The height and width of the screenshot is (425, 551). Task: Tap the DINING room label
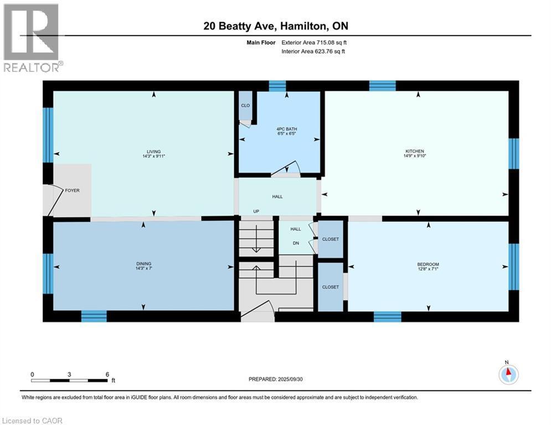[x=143, y=263]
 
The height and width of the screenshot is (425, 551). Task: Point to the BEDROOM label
[x=428, y=264]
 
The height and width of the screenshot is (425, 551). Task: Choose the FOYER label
[x=72, y=190]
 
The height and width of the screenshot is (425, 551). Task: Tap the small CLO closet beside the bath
[x=244, y=105]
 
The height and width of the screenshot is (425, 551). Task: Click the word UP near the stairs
[x=256, y=211]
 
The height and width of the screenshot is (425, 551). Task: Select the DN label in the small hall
[x=296, y=242]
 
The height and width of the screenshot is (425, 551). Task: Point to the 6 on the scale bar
[x=106, y=374]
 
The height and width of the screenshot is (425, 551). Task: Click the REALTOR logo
[x=32, y=37]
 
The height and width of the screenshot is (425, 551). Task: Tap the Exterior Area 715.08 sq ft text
[x=314, y=42]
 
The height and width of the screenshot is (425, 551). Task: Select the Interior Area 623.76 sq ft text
[x=313, y=51]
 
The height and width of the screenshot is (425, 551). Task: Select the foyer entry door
[x=54, y=200]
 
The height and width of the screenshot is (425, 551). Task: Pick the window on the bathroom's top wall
[x=277, y=86]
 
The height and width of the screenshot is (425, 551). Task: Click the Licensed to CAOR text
[x=33, y=421]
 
